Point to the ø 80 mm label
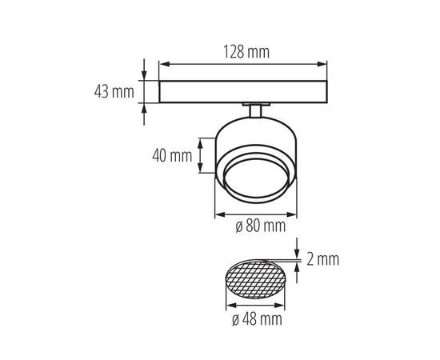[261, 226]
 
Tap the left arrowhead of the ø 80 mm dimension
[218, 214]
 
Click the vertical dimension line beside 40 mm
[214, 154]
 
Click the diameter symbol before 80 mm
[239, 226]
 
